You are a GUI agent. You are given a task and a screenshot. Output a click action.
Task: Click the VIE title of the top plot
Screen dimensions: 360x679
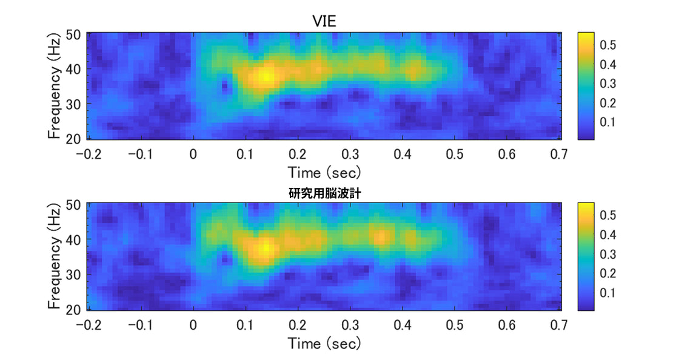click(x=324, y=21)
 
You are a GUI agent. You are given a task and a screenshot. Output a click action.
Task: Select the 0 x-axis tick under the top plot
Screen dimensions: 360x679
click(x=193, y=153)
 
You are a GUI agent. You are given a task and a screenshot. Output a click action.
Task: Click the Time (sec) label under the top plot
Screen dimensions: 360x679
click(x=324, y=172)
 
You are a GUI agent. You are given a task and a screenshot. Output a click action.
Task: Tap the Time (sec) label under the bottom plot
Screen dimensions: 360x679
click(x=324, y=344)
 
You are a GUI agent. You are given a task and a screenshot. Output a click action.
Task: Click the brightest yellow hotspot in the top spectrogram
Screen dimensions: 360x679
click(x=265, y=76)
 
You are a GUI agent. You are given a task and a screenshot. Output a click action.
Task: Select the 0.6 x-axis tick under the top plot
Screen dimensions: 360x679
click(x=506, y=153)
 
